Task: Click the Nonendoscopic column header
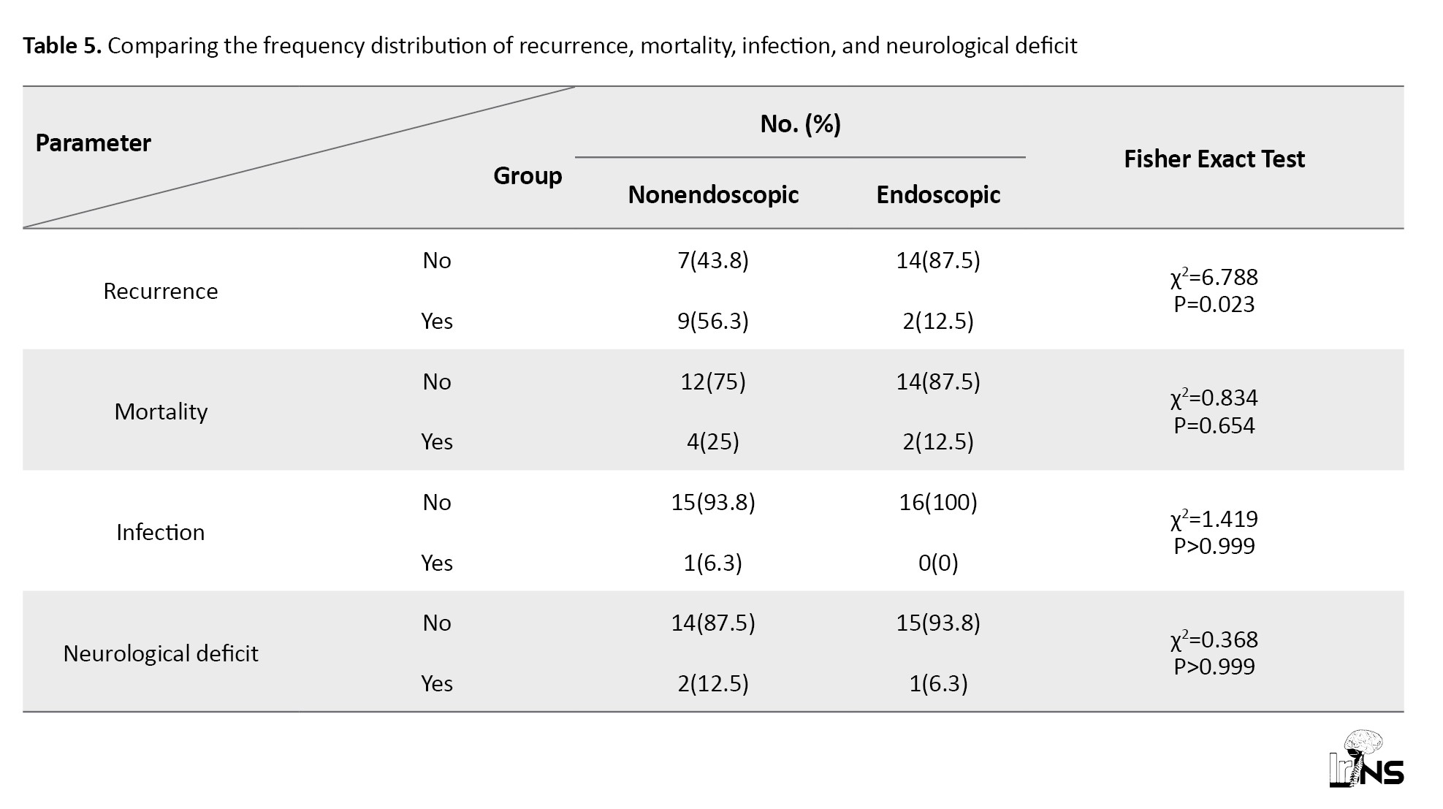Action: (713, 195)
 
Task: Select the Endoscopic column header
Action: (938, 195)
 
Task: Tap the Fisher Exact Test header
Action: (1214, 159)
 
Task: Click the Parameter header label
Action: (93, 143)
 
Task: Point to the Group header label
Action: (528, 176)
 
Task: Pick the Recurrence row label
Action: (161, 291)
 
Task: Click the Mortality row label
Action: (161, 411)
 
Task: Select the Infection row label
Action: (161, 532)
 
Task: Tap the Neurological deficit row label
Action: (161, 653)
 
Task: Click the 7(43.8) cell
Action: (713, 261)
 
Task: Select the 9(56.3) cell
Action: (713, 321)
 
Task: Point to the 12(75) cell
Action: (713, 381)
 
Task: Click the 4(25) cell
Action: (713, 441)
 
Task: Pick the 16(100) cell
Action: (938, 502)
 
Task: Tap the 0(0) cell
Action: (938, 563)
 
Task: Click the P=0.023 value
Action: (1214, 304)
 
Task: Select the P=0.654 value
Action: (1214, 425)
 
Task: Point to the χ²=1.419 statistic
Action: (1214, 518)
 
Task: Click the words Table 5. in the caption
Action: (62, 46)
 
